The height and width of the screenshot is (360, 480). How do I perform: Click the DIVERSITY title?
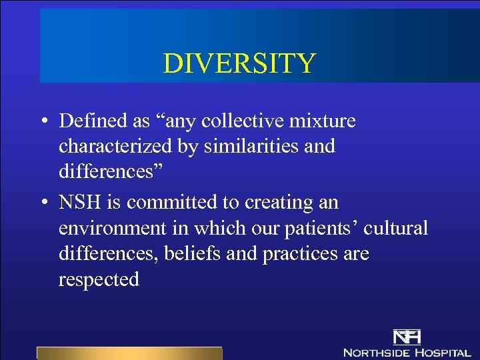[239, 64]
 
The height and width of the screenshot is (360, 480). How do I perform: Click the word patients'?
[323, 227]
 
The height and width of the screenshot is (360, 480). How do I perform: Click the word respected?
[99, 279]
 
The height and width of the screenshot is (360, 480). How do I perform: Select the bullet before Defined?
[42, 121]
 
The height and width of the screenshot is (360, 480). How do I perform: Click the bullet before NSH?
[42, 202]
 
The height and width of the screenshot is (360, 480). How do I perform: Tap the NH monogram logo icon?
[407, 337]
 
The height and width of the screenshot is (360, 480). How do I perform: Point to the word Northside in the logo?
[375, 352]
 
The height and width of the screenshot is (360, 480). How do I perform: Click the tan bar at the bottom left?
[129, 353]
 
